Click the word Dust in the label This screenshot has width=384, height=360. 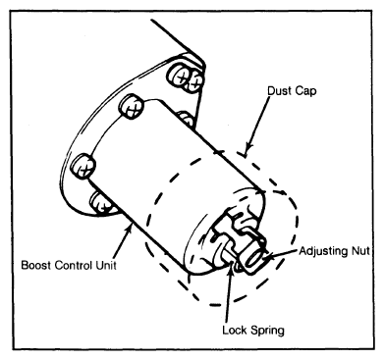tap(278, 90)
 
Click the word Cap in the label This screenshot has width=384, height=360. tap(305, 91)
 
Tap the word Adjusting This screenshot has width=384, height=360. tap(323, 251)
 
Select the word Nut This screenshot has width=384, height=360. tap(360, 251)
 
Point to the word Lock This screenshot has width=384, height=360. tap(234, 330)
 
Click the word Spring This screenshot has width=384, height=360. tap(266, 331)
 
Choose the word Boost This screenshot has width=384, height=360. tap(35, 265)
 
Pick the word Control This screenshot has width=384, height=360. tap(73, 265)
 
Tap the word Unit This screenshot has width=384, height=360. tap(106, 265)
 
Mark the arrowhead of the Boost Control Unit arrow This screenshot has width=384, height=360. tap(130, 227)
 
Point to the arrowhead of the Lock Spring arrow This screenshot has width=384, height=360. tap(232, 265)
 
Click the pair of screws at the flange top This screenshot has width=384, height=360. tap(185, 77)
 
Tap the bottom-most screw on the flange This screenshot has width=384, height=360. tap(101, 203)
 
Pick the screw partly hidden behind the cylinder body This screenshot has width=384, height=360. tap(186, 119)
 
